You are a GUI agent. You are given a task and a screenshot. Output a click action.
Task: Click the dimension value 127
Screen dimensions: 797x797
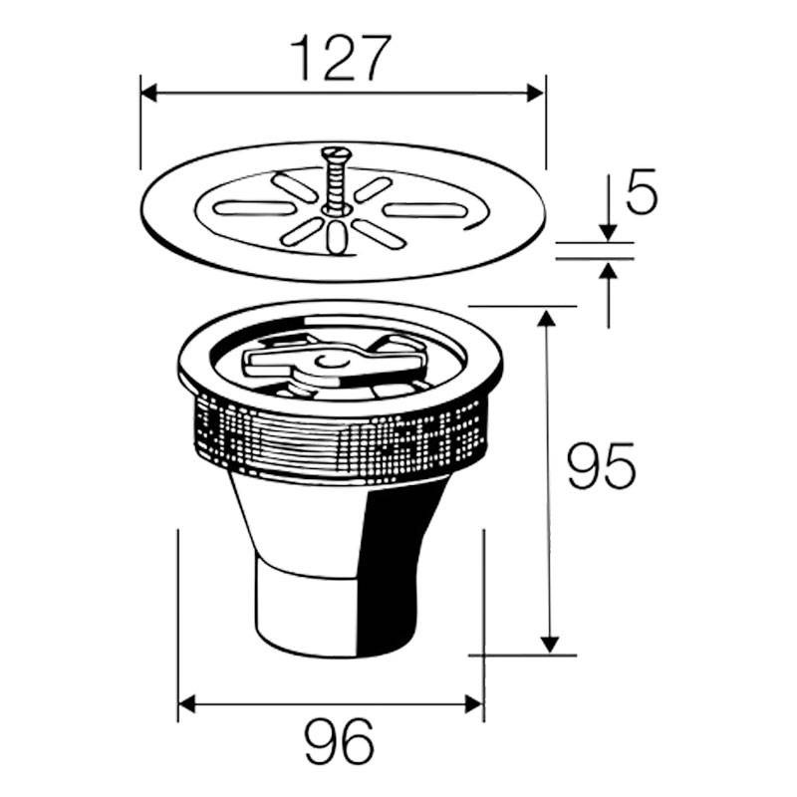click(340, 58)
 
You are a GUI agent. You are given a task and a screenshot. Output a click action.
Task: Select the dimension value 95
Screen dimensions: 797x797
click(602, 465)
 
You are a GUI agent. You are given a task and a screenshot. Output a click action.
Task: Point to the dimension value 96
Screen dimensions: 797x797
click(340, 740)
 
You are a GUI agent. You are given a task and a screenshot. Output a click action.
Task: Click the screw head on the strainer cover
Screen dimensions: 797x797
click(331, 151)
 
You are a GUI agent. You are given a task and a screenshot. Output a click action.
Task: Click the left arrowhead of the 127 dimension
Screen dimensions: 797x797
click(148, 94)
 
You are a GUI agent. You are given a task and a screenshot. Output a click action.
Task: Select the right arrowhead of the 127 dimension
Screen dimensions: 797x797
click(536, 94)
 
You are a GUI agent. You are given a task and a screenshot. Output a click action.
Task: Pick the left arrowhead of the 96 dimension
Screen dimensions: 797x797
click(187, 704)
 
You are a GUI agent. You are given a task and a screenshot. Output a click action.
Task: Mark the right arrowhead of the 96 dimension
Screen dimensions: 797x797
click(474, 704)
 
